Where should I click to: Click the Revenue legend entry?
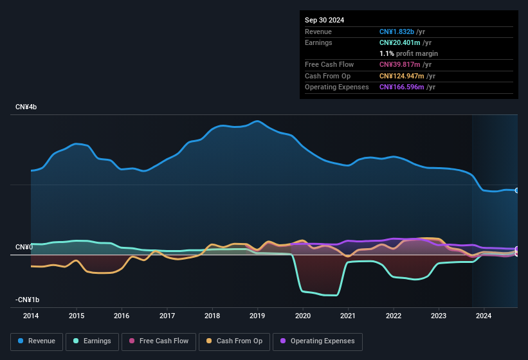click(x=37, y=341)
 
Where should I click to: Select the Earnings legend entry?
click(x=91, y=341)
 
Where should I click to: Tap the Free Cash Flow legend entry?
click(x=160, y=341)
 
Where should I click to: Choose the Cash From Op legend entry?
click(x=235, y=341)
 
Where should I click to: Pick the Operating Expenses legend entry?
click(x=318, y=341)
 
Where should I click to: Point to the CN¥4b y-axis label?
click(x=26, y=107)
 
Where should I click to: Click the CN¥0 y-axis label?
click(x=24, y=248)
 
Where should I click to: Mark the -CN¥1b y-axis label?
click(x=27, y=300)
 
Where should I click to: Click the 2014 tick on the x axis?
click(x=31, y=316)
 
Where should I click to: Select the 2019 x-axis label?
click(x=257, y=316)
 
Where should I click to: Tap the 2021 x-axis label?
click(x=348, y=316)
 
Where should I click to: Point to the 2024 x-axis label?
click(x=484, y=316)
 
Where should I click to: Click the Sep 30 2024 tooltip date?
click(x=324, y=20)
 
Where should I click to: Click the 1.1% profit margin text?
click(x=408, y=53)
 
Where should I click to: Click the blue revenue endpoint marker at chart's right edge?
click(x=517, y=190)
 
